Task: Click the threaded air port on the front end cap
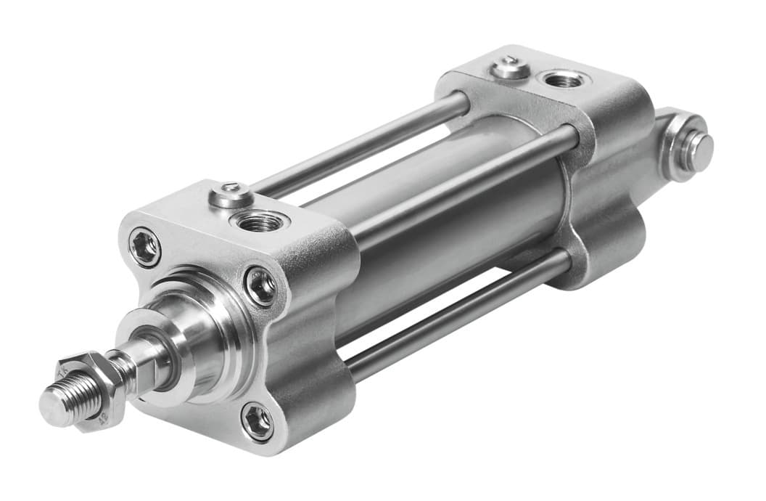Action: (258, 221)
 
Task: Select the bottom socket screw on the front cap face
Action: (258, 422)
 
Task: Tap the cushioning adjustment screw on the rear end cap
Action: (511, 68)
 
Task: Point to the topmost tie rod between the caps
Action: (363, 146)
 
